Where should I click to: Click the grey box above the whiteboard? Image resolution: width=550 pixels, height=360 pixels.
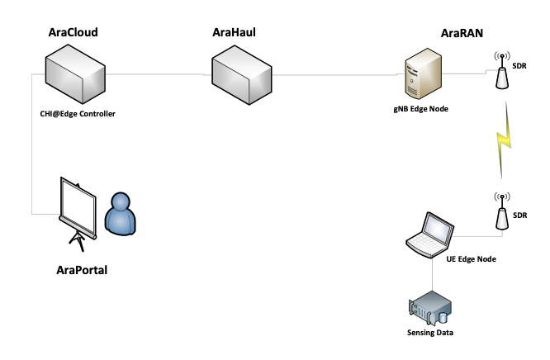pyautogui.click(x=75, y=74)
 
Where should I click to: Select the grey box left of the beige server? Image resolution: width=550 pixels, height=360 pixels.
pyautogui.click(x=242, y=74)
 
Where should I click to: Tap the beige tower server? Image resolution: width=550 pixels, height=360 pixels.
pyautogui.click(x=423, y=74)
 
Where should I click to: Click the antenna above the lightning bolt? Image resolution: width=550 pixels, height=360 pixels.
pyautogui.click(x=501, y=78)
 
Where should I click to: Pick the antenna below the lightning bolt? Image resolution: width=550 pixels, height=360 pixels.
pyautogui.click(x=501, y=218)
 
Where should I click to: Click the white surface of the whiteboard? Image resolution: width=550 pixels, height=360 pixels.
pyautogui.click(x=78, y=206)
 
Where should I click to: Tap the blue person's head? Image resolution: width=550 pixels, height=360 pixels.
pyautogui.click(x=121, y=202)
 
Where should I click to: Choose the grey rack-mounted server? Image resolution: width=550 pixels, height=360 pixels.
pyautogui.click(x=429, y=307)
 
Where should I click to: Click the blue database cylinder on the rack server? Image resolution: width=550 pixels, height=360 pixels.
pyautogui.click(x=443, y=317)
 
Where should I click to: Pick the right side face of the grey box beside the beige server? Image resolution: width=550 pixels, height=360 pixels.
pyautogui.click(x=260, y=85)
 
